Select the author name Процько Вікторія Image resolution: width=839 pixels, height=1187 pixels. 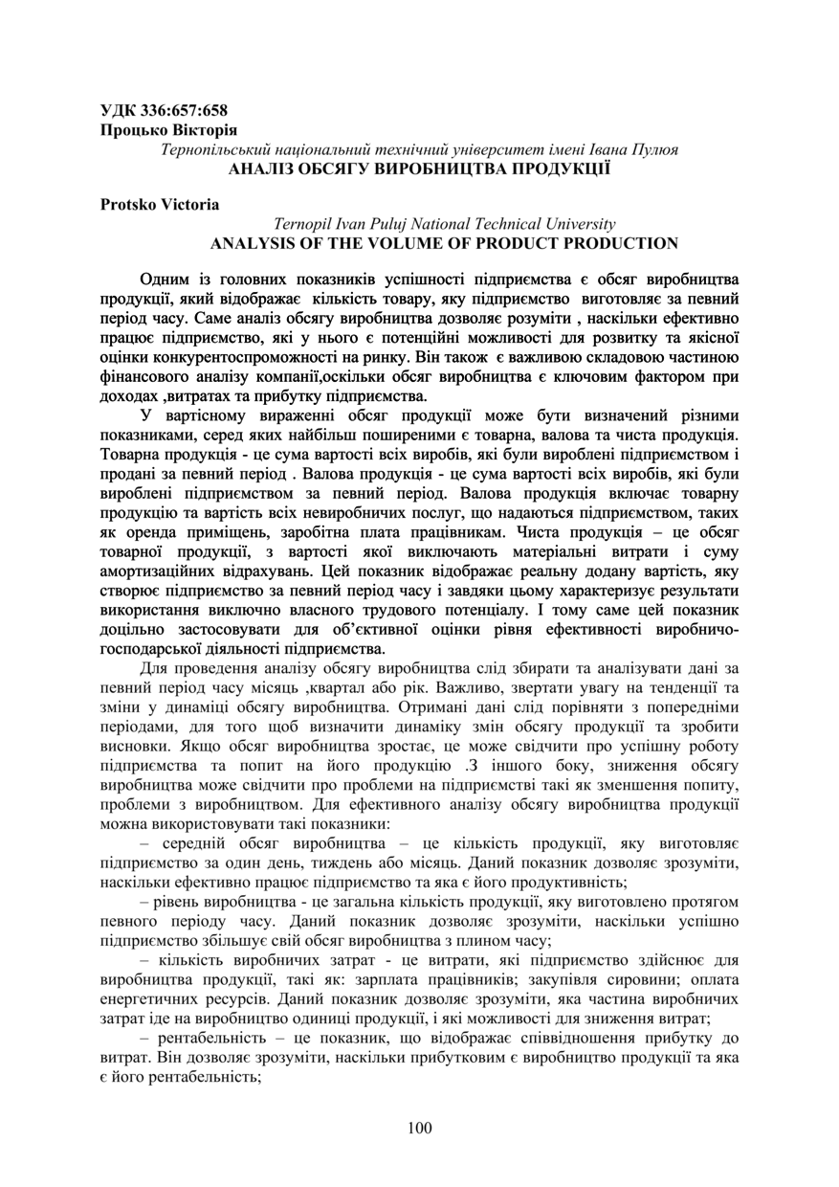168,129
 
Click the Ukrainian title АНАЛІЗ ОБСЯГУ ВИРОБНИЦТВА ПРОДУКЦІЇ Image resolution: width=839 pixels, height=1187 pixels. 420,168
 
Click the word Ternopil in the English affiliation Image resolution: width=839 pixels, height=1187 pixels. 304,224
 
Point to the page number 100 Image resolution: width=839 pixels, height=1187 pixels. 419,1128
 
